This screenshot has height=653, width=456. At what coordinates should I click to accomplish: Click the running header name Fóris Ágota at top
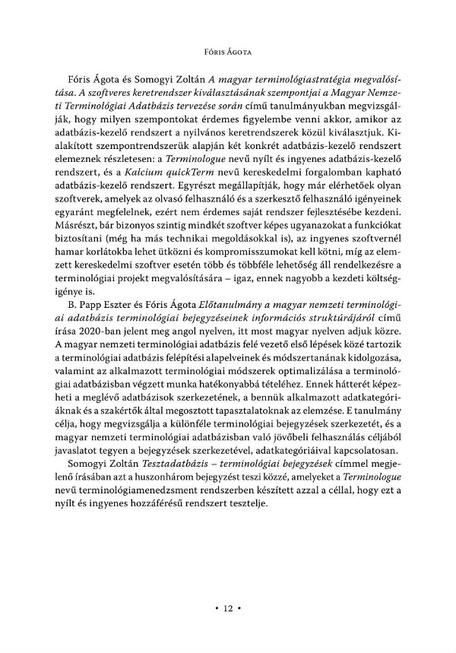tap(227, 54)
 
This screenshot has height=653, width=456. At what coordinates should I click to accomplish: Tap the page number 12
tap(228, 608)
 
